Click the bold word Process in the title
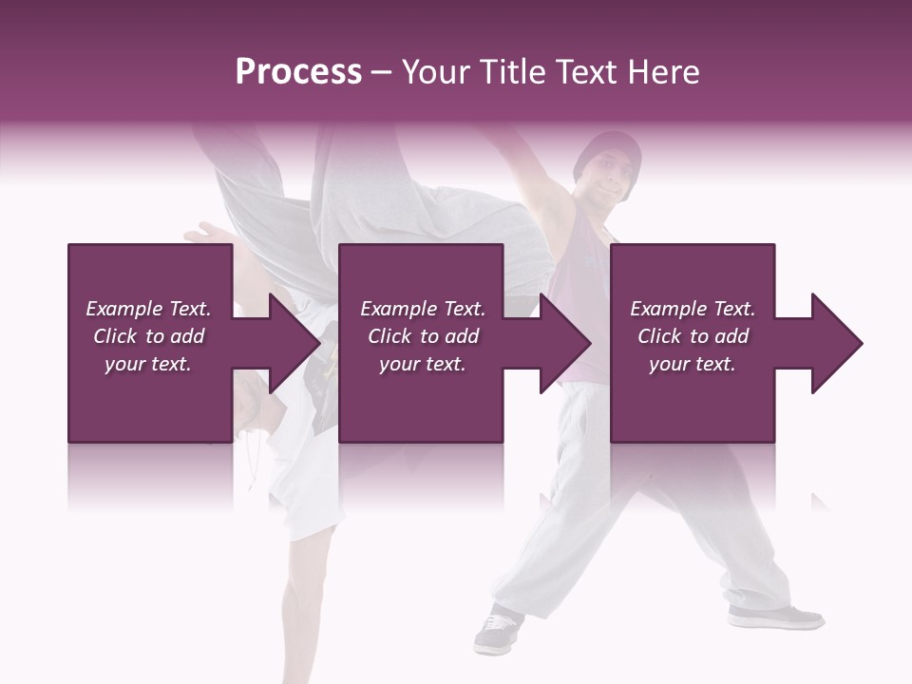pyautogui.click(x=298, y=72)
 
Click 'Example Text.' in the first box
pyautogui.click(x=148, y=309)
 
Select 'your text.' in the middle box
pyautogui.click(x=422, y=364)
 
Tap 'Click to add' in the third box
pyautogui.click(x=693, y=336)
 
